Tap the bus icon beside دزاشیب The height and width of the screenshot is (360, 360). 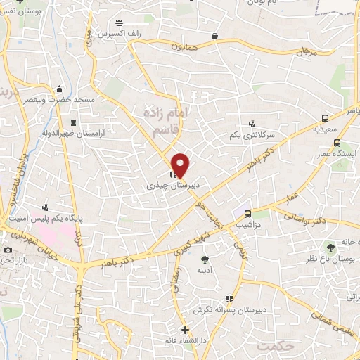[247, 214]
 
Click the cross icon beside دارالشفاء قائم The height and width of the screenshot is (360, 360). [184, 330]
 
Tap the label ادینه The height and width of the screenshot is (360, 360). [205, 270]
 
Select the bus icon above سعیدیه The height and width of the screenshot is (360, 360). [325, 118]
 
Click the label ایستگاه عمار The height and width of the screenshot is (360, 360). [337, 153]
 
